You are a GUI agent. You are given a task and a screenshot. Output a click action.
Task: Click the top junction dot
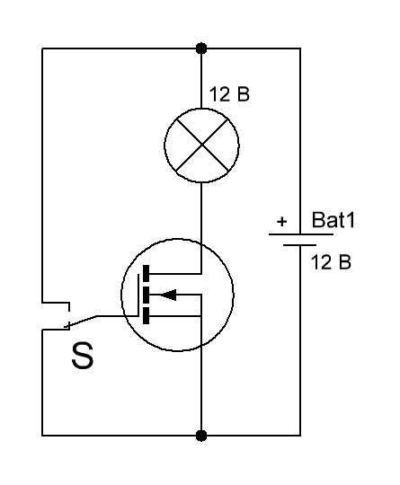201,48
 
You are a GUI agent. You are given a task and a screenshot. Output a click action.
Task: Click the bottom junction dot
201,436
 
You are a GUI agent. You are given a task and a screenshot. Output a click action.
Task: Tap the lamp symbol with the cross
201,145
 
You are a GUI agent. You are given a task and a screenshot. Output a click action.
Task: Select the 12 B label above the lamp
229,94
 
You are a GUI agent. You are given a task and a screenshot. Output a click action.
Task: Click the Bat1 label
333,220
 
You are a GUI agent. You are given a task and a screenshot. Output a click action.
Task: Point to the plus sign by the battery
281,222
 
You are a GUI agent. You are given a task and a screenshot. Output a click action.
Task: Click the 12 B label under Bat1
331,262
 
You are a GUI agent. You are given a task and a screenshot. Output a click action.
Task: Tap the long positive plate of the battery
301,234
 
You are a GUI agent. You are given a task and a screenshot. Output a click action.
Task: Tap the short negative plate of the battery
299,245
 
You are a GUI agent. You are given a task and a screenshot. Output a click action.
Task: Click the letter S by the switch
83,356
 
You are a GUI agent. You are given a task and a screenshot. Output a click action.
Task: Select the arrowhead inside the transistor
168,295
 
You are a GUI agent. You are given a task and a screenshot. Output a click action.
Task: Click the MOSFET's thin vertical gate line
138,295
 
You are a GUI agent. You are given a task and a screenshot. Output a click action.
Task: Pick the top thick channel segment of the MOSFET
146,273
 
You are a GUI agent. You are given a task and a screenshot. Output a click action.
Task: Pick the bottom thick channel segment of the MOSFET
146,316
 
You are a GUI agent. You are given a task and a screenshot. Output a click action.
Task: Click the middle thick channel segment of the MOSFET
146,295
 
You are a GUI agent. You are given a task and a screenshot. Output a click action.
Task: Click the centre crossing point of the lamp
201,145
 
